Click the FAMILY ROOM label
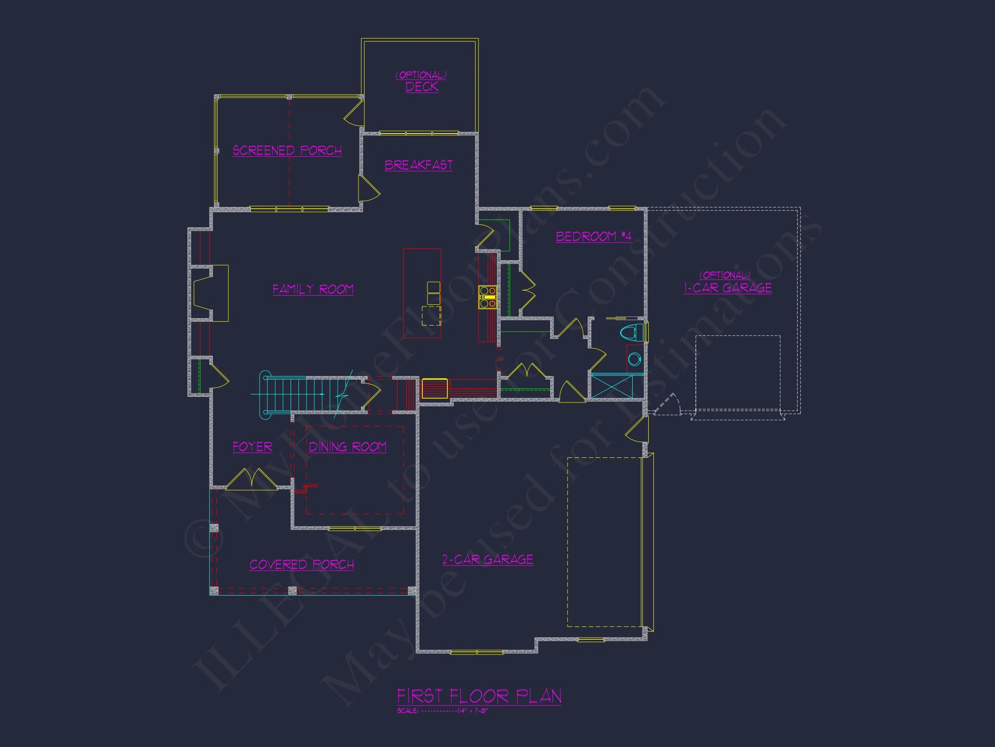313,289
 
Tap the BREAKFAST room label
418,165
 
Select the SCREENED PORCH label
287,150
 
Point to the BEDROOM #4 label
593,236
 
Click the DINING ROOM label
347,447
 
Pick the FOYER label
252,447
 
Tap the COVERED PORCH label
301,565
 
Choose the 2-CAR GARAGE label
488,560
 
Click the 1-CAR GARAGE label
728,288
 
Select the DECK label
421,87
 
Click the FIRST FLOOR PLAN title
479,696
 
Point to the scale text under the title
442,712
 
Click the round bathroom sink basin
634,359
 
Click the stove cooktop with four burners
488,297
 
